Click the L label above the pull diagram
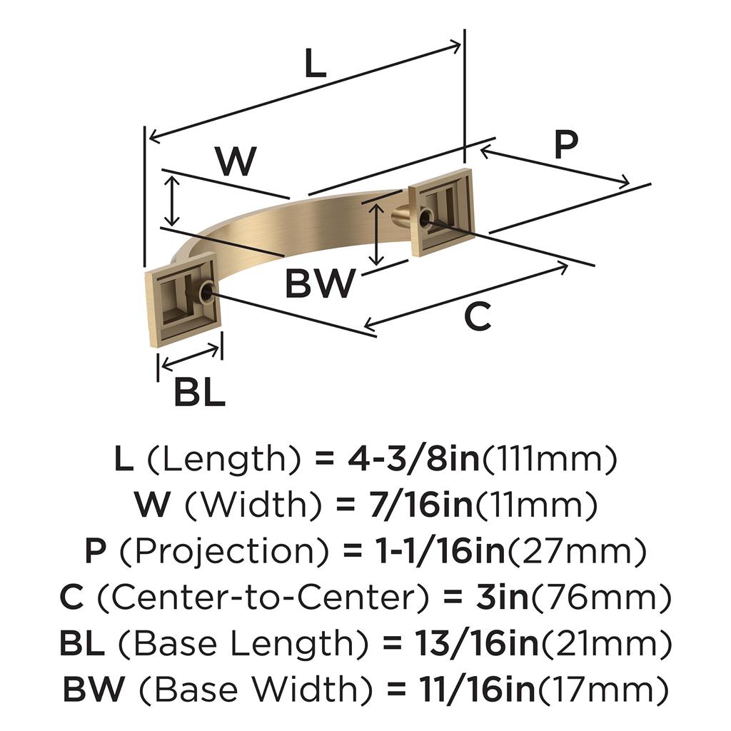[x=315, y=65]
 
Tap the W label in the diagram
[x=236, y=162]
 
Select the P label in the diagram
[x=565, y=146]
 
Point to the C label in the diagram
[x=477, y=316]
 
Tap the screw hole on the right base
[x=426, y=217]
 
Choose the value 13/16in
[x=460, y=643]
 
